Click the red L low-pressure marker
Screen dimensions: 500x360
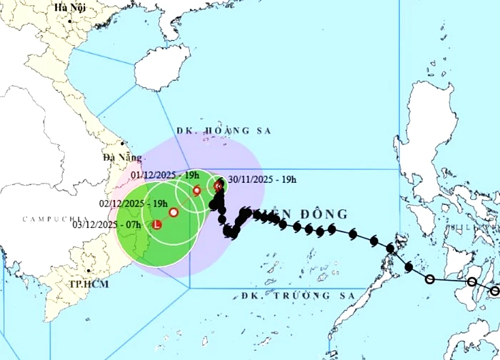coord(157,225)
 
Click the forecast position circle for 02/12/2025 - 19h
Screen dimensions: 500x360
coord(174,212)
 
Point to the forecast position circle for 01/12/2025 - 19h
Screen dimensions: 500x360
coord(197,190)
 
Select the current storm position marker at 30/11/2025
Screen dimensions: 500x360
coord(219,186)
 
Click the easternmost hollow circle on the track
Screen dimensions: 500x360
coord(495,290)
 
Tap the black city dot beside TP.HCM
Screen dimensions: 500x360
coord(87,271)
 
